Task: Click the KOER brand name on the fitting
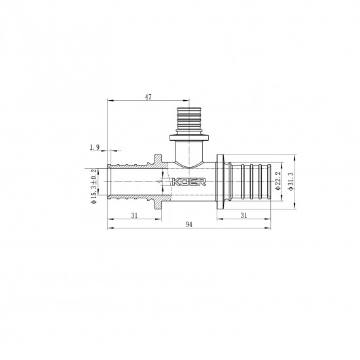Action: point(190,183)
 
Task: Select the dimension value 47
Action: point(148,96)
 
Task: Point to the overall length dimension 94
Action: point(189,224)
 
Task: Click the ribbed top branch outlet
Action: point(189,120)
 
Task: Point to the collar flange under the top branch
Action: point(189,138)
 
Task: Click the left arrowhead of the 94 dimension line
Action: point(109,228)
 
